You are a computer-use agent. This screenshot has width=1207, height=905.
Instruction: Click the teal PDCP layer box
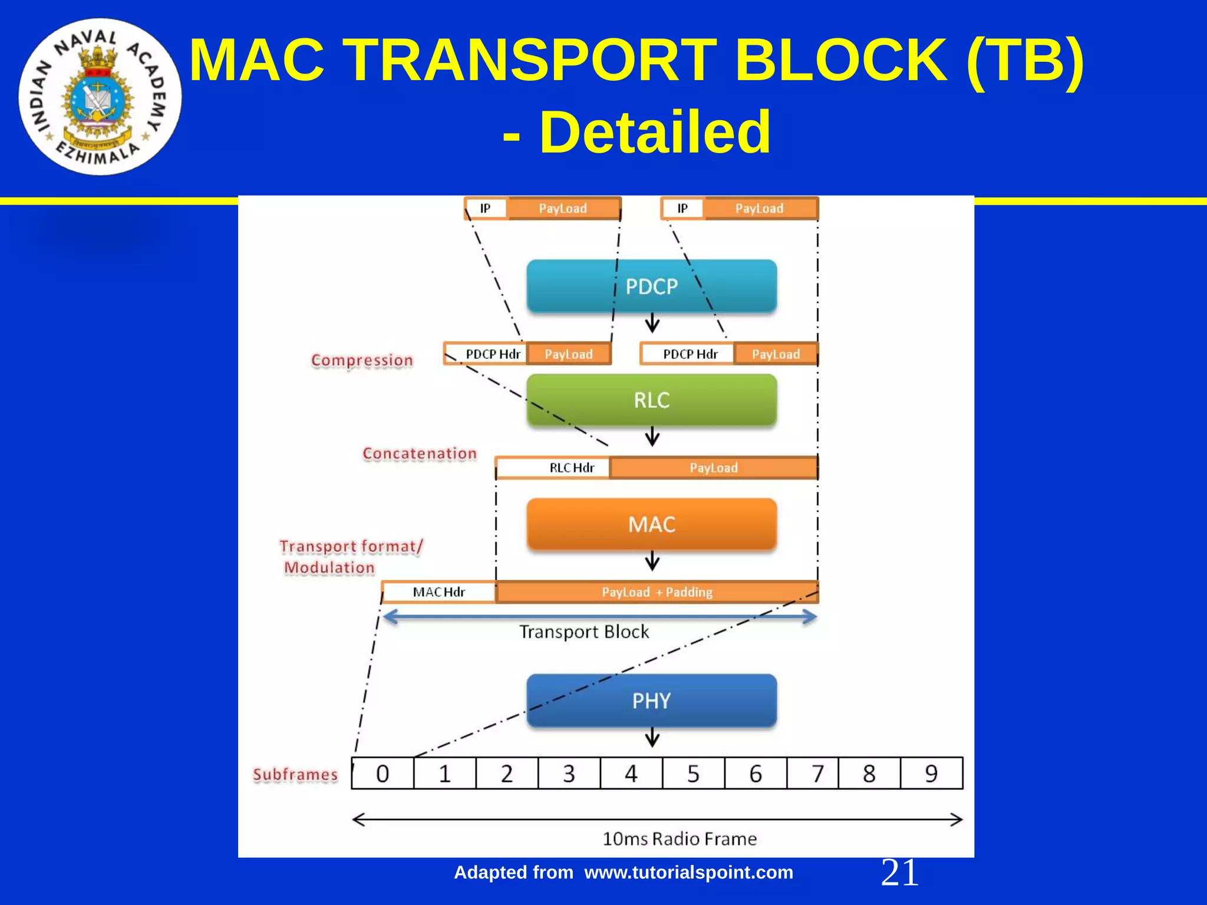click(x=651, y=286)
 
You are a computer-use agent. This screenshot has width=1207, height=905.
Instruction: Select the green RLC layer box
click(x=651, y=399)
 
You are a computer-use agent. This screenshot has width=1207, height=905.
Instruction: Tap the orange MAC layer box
click(x=651, y=524)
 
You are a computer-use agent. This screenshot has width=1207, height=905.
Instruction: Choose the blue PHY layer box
click(x=651, y=700)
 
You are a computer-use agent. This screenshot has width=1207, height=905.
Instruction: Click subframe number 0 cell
click(x=382, y=773)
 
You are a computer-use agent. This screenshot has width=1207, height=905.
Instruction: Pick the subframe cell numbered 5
click(x=693, y=773)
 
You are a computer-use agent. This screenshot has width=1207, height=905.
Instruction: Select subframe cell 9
click(x=931, y=773)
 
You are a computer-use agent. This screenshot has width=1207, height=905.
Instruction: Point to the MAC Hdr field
click(x=438, y=592)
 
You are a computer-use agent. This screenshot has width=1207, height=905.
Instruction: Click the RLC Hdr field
click(x=571, y=468)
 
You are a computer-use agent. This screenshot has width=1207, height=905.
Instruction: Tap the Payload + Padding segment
click(x=657, y=592)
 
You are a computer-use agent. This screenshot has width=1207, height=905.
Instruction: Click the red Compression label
click(x=362, y=360)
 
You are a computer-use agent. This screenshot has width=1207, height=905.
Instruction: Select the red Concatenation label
click(x=419, y=454)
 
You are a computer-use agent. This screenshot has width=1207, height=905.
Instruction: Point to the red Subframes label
click(x=295, y=775)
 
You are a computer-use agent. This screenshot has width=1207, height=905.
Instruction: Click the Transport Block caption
click(x=583, y=632)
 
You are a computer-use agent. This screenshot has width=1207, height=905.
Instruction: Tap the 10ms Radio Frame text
click(x=679, y=838)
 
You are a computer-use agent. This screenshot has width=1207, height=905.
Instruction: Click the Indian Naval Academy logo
click(x=100, y=97)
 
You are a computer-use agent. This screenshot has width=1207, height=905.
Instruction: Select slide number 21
click(x=899, y=873)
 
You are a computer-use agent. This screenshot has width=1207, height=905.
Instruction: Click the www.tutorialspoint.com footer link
click(x=688, y=873)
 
